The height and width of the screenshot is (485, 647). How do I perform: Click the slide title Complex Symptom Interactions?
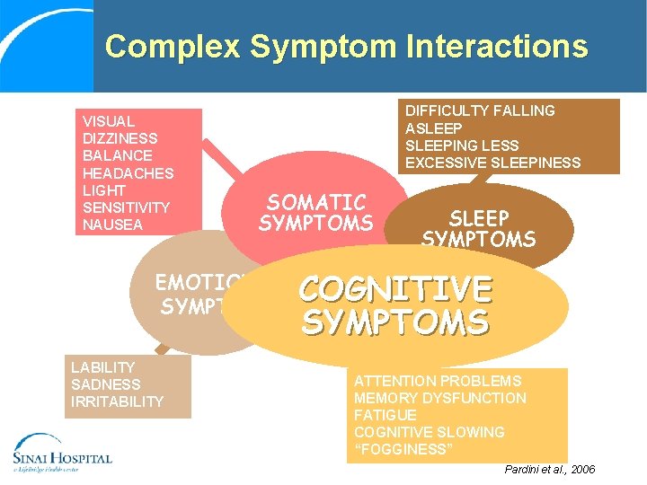pos(346,47)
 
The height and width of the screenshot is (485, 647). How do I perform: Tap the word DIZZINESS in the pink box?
pos(120,138)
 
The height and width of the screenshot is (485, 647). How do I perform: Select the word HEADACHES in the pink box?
pos(128,172)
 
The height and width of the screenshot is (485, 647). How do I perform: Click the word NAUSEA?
pos(112,225)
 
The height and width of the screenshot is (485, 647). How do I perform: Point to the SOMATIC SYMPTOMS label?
pos(315,213)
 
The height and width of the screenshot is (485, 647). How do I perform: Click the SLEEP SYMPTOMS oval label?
pos(478,228)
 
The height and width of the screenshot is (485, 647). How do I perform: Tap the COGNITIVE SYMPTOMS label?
pos(395,305)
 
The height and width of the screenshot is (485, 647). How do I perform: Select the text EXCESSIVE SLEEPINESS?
pos(492,163)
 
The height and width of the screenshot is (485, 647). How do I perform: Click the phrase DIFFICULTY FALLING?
pos(480,110)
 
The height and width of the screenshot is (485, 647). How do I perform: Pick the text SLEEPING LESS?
pos(462,145)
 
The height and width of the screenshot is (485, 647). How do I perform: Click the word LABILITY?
pos(102,367)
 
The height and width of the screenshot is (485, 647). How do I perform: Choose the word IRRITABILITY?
pos(117,401)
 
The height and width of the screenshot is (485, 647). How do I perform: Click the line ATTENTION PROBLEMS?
pos(438,381)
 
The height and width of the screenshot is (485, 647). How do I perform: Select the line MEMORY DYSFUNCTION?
pos(440,398)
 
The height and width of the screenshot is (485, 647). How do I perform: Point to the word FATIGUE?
pos(385,415)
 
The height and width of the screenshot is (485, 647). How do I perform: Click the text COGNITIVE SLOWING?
pos(430,432)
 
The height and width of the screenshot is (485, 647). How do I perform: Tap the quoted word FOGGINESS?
pos(402,449)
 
